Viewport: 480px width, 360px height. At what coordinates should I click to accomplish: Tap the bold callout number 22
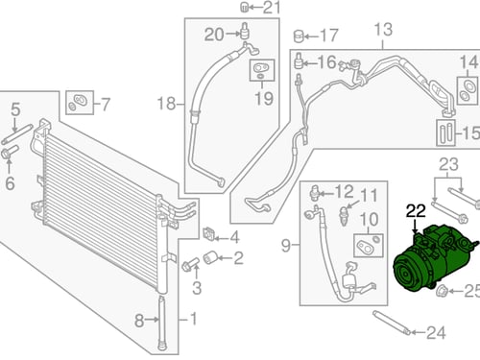point(416,211)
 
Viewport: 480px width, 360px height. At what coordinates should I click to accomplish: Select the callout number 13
point(383,30)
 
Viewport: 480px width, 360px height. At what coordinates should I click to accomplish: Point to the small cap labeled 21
point(244,7)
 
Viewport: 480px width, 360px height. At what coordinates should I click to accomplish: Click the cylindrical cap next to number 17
point(299,36)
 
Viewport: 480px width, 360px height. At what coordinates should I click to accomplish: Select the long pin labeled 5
point(17,134)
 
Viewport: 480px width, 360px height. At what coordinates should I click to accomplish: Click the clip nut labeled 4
point(208,234)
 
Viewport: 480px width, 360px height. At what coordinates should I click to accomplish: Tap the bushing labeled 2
point(210,257)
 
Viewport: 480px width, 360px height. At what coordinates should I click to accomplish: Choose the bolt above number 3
point(190,264)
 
